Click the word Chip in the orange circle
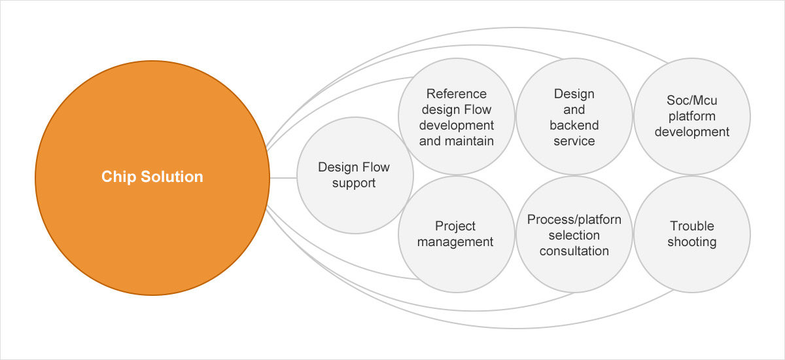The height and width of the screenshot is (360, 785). coord(117,177)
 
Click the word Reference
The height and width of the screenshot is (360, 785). coord(456,94)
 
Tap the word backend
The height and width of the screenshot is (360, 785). coord(574,125)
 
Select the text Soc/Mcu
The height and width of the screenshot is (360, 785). coord(692,101)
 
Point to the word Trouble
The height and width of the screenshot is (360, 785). coord(692,226)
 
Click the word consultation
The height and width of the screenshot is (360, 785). coord(574,251)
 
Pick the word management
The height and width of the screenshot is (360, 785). coord(456,242)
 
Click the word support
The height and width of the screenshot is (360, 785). coord(354,183)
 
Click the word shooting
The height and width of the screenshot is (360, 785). coord(692,242)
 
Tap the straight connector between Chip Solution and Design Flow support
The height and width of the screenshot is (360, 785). coord(283,177)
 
